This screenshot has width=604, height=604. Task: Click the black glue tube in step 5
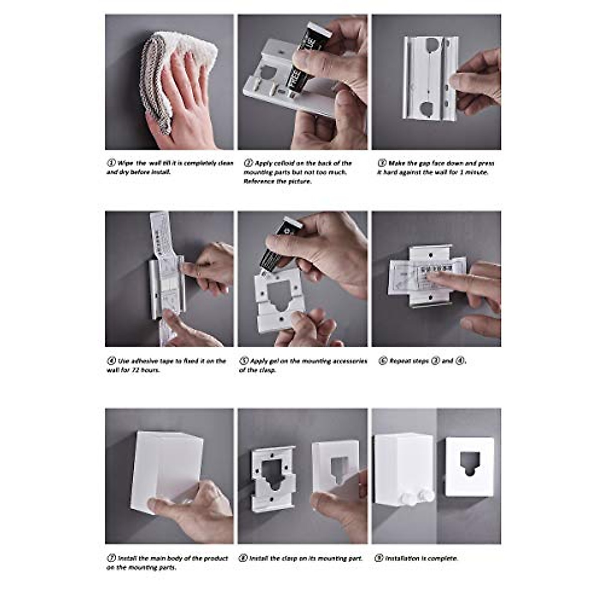coord(277,247)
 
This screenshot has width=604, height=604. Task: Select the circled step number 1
coord(111,163)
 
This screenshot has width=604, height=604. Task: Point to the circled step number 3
coord(382,163)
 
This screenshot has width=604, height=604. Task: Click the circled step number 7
coord(111,558)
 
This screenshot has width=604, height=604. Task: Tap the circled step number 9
coord(379,558)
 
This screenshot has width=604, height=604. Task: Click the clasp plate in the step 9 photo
coord(469,466)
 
